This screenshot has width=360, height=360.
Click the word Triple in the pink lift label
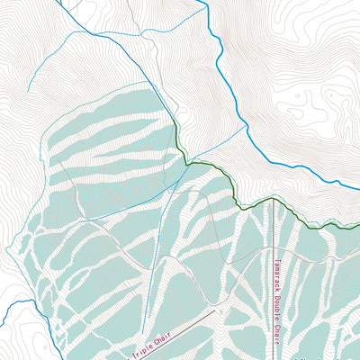coord(146,347)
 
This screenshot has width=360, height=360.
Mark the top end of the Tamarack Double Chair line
coord(274,200)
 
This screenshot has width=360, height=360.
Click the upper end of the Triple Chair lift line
coord(217,310)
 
